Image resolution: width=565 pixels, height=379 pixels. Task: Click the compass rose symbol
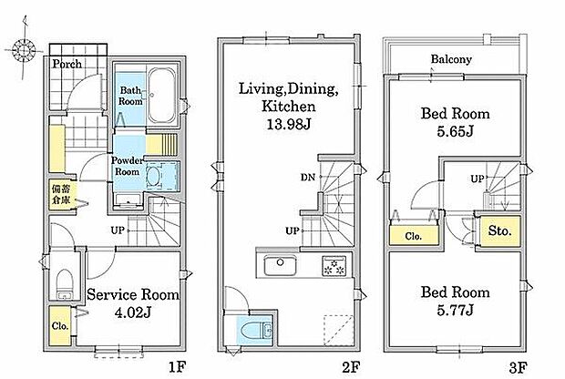pyautogui.click(x=24, y=50)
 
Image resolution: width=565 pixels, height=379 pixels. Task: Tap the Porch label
pyautogui.click(x=67, y=64)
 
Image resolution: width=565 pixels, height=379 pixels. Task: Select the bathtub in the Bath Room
pyautogui.click(x=162, y=95)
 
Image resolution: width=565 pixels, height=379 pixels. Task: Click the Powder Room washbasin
pyautogui.click(x=154, y=176)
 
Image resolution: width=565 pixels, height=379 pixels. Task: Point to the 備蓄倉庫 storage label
pyautogui.click(x=61, y=194)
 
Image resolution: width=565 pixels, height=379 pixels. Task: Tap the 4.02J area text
pyautogui.click(x=132, y=312)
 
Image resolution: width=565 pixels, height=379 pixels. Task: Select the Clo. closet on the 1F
pyautogui.click(x=60, y=325)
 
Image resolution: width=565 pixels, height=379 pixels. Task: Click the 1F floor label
pyautogui.click(x=178, y=367)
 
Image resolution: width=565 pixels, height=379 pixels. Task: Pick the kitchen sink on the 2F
pyautogui.click(x=281, y=266)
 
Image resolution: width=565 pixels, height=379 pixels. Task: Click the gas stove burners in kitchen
pyautogui.click(x=334, y=266)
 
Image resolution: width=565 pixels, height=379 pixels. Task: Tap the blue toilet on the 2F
pyautogui.click(x=254, y=331)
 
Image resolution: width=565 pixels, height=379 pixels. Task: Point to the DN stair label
pyautogui.click(x=308, y=177)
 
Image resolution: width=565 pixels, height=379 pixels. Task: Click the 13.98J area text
pyautogui.click(x=288, y=124)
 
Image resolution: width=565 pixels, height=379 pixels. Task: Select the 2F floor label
pyautogui.click(x=351, y=367)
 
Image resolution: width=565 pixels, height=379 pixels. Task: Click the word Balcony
pyautogui.click(x=451, y=59)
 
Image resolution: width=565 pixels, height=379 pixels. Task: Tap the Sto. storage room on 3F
pyautogui.click(x=500, y=230)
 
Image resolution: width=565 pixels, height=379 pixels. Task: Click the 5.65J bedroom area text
pyautogui.click(x=455, y=132)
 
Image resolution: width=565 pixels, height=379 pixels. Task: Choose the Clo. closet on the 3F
pyautogui.click(x=414, y=235)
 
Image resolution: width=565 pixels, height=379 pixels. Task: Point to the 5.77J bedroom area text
pyautogui.click(x=455, y=310)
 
